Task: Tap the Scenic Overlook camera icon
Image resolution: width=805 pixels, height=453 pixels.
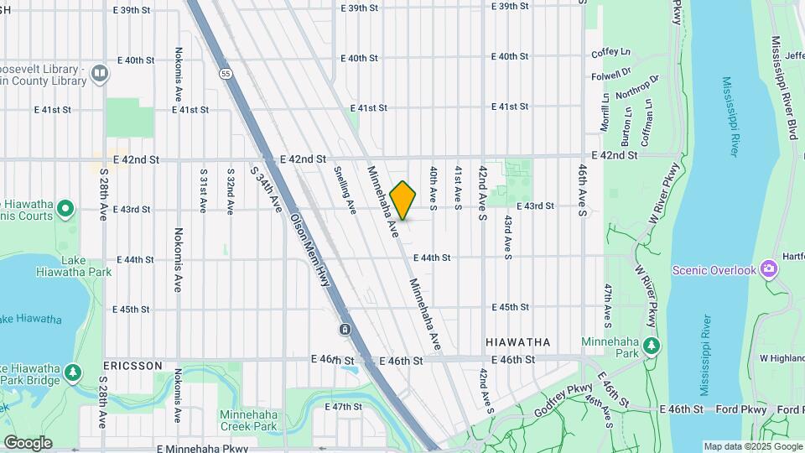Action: pyautogui.click(x=769, y=269)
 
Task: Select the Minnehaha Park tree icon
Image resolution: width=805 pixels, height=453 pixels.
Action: pyautogui.click(x=651, y=346)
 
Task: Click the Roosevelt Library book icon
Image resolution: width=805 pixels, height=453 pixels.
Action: pyautogui.click(x=100, y=74)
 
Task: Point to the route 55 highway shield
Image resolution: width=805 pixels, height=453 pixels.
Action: pyautogui.click(x=226, y=74)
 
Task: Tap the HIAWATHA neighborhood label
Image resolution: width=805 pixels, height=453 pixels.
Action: pyautogui.click(x=518, y=342)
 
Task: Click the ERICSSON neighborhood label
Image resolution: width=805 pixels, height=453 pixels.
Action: pyautogui.click(x=132, y=367)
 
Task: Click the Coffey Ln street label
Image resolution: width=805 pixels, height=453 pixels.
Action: pyautogui.click(x=610, y=53)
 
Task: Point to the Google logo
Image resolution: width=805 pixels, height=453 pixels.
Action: pyautogui.click(x=28, y=442)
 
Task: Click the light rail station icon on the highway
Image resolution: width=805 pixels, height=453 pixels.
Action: pyautogui.click(x=345, y=329)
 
